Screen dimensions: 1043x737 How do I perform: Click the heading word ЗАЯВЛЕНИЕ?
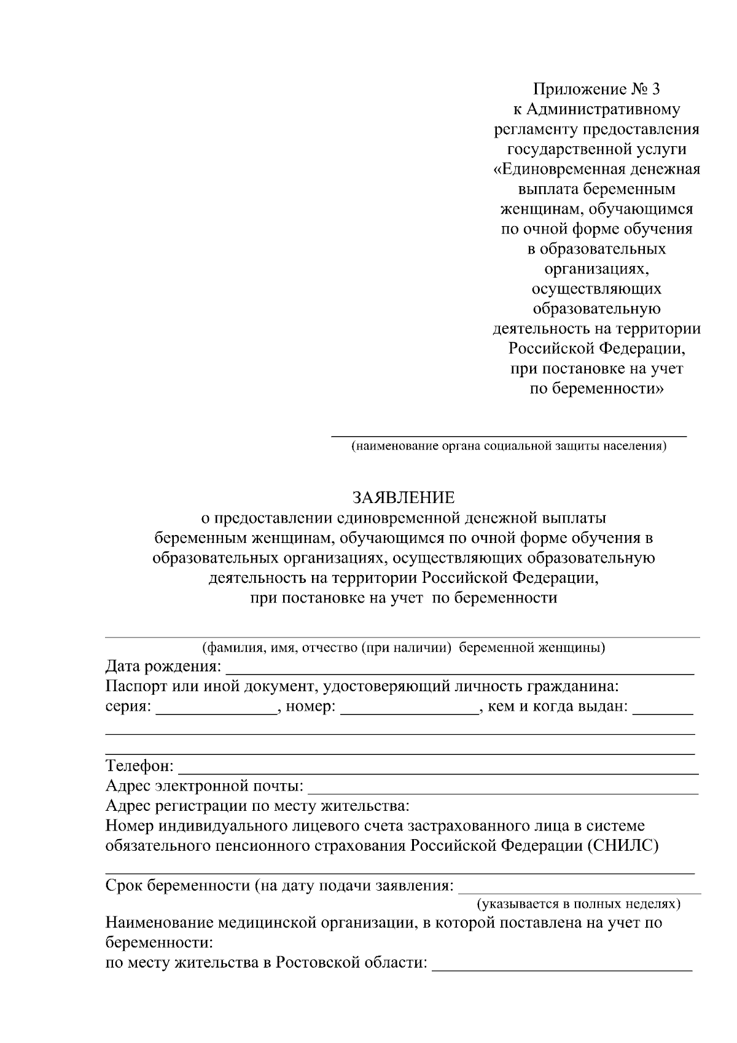tap(404, 497)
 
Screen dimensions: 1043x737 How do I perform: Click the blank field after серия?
tap(216, 710)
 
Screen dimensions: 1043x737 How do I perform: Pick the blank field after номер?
tap(409, 710)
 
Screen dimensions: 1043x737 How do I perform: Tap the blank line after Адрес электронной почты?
tap(502, 789)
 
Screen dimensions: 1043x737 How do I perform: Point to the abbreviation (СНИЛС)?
tap(623, 846)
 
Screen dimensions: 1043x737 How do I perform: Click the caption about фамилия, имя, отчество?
tap(404, 647)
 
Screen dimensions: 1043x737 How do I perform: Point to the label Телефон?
tap(140, 767)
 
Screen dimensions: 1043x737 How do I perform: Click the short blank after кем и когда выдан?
tap(663, 710)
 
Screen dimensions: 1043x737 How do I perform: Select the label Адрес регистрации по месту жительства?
tap(257, 806)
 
